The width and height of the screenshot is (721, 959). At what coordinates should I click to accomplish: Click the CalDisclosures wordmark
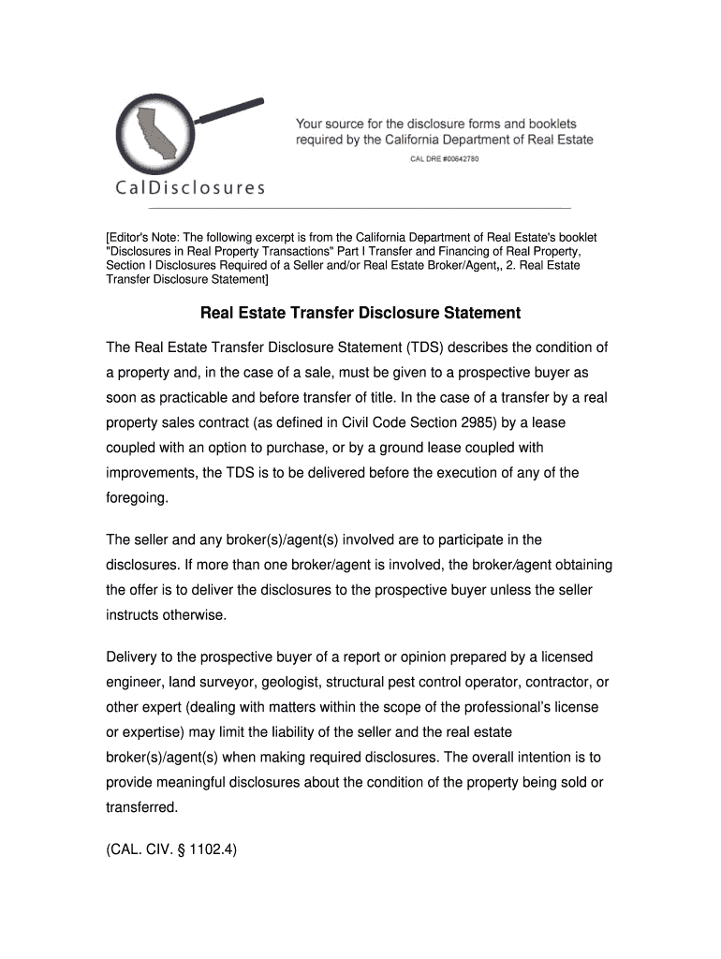point(190,187)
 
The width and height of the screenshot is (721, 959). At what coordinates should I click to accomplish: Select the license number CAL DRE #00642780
point(445,159)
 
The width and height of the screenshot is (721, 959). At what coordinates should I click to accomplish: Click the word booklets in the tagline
point(546,124)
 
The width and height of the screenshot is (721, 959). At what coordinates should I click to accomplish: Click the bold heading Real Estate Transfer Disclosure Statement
point(360,312)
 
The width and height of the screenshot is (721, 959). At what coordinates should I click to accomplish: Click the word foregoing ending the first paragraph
point(138,498)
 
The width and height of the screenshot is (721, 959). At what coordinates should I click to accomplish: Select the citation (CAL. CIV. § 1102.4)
point(172,854)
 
